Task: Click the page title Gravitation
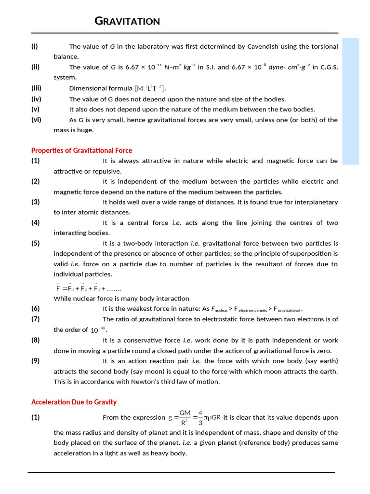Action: point(127,21)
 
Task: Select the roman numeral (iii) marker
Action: point(37,88)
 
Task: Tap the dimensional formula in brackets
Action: point(151,88)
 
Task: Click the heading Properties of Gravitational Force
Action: point(81,151)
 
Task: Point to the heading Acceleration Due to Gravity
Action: point(74,402)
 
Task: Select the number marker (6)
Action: point(36,309)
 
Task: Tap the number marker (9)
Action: point(36,361)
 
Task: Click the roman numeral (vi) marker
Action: point(36,120)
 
